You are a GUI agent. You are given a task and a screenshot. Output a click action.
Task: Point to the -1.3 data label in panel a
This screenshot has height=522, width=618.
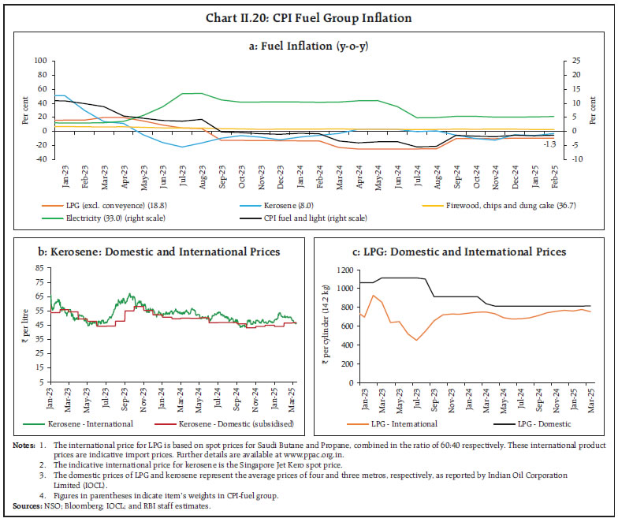tap(550, 144)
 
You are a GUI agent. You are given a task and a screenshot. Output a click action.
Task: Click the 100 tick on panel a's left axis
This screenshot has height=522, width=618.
tap(39, 60)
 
